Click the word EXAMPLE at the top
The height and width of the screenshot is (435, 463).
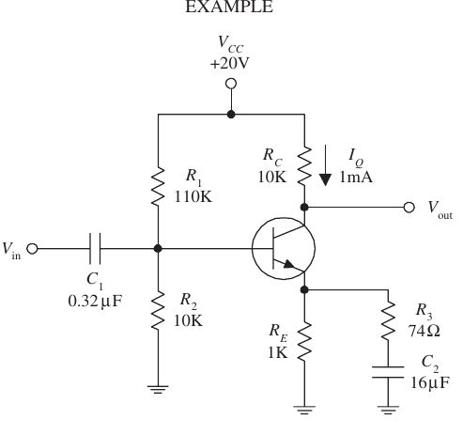[x=230, y=8]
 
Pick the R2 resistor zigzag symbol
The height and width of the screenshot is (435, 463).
[x=158, y=314]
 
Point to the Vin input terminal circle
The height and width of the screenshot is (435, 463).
[x=33, y=249]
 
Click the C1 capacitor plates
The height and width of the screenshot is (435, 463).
[x=95, y=249]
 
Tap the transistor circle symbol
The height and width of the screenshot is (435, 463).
[x=283, y=249]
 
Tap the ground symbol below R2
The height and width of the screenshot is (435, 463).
[x=158, y=385]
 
